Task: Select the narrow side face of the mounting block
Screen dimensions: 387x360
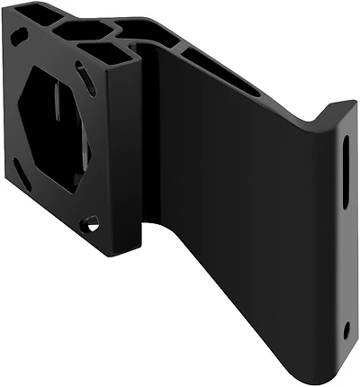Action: pyautogui.click(x=126, y=162)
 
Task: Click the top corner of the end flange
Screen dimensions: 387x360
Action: pyautogui.click(x=346, y=106)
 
